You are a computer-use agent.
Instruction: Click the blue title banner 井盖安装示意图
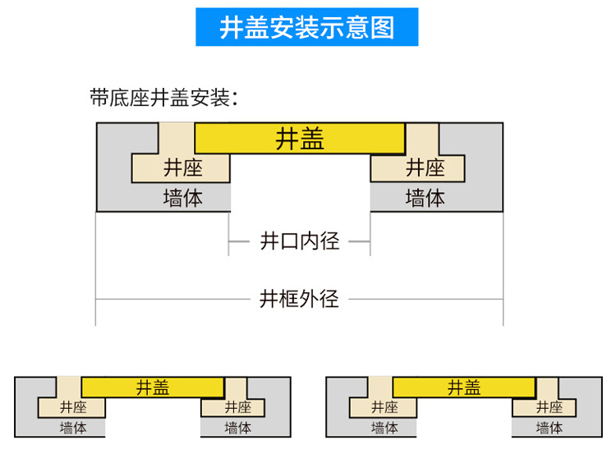[307, 27]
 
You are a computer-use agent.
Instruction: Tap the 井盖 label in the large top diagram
[300, 139]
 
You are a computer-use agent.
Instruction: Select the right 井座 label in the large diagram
[425, 168]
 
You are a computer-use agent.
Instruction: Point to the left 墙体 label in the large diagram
[182, 198]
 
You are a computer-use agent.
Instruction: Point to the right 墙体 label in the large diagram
[425, 198]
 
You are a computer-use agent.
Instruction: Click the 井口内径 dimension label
[299, 241]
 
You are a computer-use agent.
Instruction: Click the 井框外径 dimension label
[299, 298]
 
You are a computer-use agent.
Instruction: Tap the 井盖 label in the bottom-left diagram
[153, 387]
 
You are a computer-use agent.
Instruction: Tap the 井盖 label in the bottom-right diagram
[464, 387]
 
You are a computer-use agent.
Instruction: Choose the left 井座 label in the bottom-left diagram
[73, 407]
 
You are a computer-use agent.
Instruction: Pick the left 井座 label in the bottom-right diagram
[384, 407]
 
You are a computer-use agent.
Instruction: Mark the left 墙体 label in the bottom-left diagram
[73, 428]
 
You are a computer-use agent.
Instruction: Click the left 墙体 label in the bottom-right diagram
[384, 428]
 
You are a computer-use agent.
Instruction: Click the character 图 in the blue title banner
[382, 27]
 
